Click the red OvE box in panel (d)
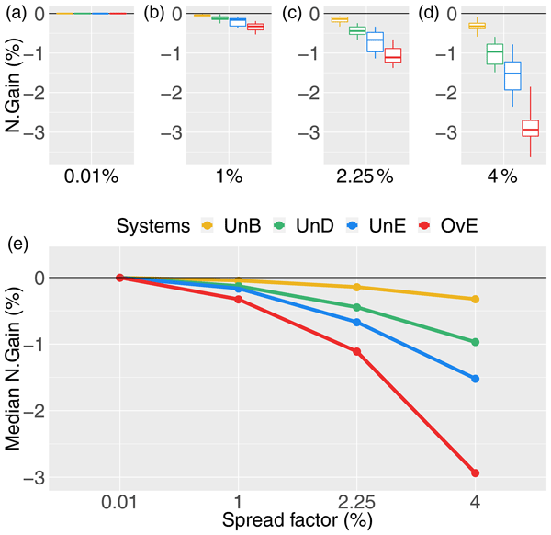(504, 128)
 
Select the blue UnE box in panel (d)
(487, 75)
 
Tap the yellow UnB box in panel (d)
(451, 26)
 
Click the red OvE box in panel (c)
(393, 55)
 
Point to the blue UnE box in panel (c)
(375, 43)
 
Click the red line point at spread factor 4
(475, 473)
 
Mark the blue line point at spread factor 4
(475, 379)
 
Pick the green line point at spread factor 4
(475, 342)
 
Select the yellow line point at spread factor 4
(475, 299)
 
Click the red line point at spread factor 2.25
(356, 351)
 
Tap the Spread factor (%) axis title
(297, 523)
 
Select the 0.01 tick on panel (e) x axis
(120, 504)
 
